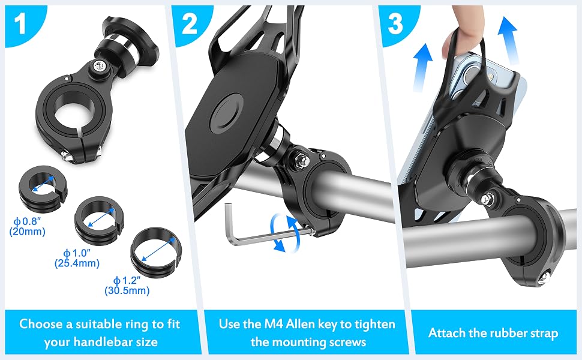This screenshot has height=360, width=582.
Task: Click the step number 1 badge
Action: click(x=20, y=23)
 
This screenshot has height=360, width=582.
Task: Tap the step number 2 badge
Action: click(x=189, y=23)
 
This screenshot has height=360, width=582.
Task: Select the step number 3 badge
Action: click(x=395, y=23)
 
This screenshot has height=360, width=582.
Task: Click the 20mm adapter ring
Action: click(x=43, y=187)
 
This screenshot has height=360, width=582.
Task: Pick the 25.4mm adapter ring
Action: click(x=100, y=220)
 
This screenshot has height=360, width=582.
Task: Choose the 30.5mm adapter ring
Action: click(x=156, y=253)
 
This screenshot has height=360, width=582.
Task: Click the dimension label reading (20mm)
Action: click(x=27, y=232)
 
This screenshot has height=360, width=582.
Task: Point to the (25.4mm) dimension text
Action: click(x=77, y=263)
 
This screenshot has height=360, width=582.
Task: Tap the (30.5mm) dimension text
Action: click(x=127, y=290)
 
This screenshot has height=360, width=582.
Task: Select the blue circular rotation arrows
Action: click(x=285, y=232)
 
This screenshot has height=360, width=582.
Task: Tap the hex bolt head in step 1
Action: click(x=99, y=67)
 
